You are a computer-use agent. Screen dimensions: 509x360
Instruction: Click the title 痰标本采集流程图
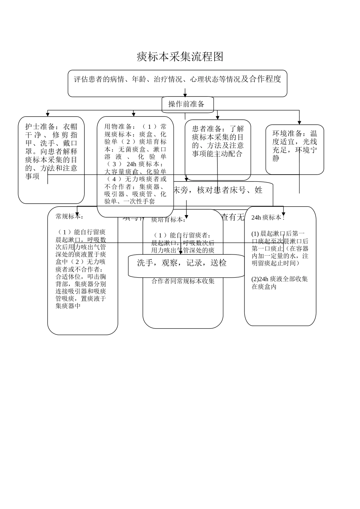point(180,57)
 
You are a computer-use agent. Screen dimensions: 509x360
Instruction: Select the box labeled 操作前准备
point(187,105)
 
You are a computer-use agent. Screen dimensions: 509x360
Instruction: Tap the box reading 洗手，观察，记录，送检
point(182,263)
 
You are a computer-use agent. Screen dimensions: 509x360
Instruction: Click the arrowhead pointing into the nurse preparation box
point(48,114)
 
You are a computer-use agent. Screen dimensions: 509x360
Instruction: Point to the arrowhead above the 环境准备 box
point(299,122)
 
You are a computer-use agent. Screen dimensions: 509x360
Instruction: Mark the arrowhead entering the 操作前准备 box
point(185,95)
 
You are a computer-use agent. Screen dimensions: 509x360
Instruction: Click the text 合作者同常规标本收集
point(183,281)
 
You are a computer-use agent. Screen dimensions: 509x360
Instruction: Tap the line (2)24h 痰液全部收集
point(280,279)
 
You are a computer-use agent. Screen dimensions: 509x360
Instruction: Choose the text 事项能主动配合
point(217,154)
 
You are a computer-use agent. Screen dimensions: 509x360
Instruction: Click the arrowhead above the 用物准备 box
point(134,114)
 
